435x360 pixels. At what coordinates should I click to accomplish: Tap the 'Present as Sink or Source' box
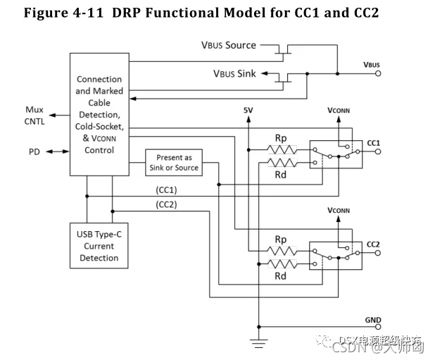click(x=174, y=163)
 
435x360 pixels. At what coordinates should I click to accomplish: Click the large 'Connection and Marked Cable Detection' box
click(x=99, y=114)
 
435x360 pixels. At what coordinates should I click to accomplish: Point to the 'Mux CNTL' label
click(x=34, y=115)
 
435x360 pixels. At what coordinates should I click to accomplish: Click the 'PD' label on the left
click(x=34, y=151)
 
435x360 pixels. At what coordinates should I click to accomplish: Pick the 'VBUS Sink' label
click(x=234, y=73)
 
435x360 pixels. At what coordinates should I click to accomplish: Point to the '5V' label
click(x=248, y=111)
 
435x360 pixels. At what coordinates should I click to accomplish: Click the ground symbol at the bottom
click(x=258, y=344)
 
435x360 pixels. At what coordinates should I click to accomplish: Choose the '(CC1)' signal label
click(x=166, y=190)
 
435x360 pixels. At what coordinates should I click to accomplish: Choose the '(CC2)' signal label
click(x=166, y=205)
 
